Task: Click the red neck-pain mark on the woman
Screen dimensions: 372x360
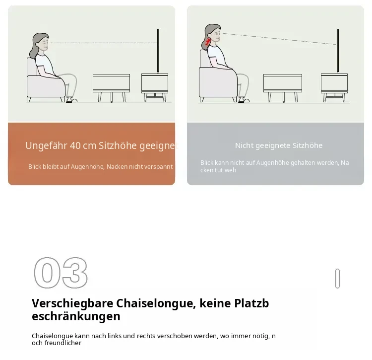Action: pyautogui.click(x=208, y=42)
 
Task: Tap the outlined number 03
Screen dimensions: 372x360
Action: pyautogui.click(x=61, y=273)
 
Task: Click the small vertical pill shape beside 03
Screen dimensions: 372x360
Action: pyautogui.click(x=337, y=278)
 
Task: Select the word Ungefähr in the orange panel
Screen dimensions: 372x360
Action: pyautogui.click(x=46, y=145)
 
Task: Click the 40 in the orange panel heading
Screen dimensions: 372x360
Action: pyautogui.click(x=75, y=145)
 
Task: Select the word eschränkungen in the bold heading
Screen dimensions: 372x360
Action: pyautogui.click(x=76, y=316)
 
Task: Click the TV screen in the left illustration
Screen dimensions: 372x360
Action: pyautogui.click(x=158, y=50)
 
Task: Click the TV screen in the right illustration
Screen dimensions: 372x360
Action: pyautogui.click(x=338, y=50)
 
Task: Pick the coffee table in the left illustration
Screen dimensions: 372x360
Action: pyautogui.click(x=111, y=87)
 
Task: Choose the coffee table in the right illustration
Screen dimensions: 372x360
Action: pyautogui.click(x=283, y=88)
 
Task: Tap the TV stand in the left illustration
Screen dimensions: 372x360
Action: pyautogui.click(x=155, y=87)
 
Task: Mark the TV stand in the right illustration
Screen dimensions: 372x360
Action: pyautogui.click(x=334, y=87)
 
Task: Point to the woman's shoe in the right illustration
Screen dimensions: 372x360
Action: pyautogui.click(x=244, y=100)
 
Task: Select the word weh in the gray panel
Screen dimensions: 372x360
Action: pyautogui.click(x=230, y=170)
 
